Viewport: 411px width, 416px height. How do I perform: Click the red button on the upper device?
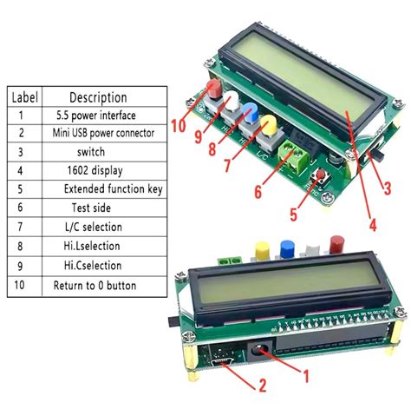214,89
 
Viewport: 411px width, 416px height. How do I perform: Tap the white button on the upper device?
232,101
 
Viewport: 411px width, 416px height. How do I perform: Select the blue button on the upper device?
251,113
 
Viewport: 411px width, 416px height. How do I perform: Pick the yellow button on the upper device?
269,124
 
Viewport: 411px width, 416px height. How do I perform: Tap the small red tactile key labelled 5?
321,175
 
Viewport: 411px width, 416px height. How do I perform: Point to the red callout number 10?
179,126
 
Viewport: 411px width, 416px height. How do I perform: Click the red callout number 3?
387,188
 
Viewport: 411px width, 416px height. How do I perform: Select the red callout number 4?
373,225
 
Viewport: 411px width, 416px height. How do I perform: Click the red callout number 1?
305,376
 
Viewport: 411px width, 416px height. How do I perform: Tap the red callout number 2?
263,386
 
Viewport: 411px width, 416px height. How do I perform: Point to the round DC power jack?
258,351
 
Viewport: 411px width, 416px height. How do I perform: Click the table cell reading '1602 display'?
95,170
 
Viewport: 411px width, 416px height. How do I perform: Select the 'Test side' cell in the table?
91,208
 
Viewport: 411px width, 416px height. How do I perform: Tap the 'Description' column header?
98,97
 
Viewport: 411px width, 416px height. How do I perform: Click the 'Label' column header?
25,97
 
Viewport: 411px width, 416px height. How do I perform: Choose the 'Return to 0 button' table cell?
95,286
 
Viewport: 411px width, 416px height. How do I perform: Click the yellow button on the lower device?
262,251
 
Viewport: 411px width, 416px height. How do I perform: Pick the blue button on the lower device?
287,249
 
